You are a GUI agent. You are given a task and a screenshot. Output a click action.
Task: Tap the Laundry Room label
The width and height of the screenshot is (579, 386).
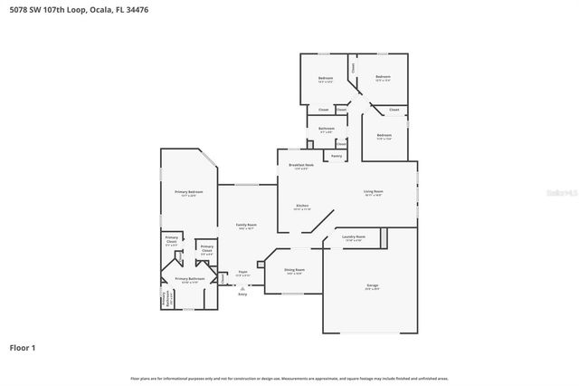click(354, 237)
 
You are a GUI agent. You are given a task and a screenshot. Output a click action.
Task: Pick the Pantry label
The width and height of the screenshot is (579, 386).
click(336, 156)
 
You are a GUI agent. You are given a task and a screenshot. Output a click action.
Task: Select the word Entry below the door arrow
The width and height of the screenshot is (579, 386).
click(242, 294)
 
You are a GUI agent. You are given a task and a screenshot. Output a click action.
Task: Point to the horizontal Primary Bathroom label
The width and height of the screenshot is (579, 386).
click(189, 280)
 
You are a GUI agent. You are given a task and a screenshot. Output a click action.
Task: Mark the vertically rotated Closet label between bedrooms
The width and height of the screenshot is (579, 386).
click(353, 67)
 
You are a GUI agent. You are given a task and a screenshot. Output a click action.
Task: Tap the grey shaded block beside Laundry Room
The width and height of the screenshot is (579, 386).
click(384, 237)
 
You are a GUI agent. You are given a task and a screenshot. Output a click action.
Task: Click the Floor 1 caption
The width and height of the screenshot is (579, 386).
click(23, 347)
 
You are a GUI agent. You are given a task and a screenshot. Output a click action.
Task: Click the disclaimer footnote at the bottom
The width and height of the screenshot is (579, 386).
click(289, 378)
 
